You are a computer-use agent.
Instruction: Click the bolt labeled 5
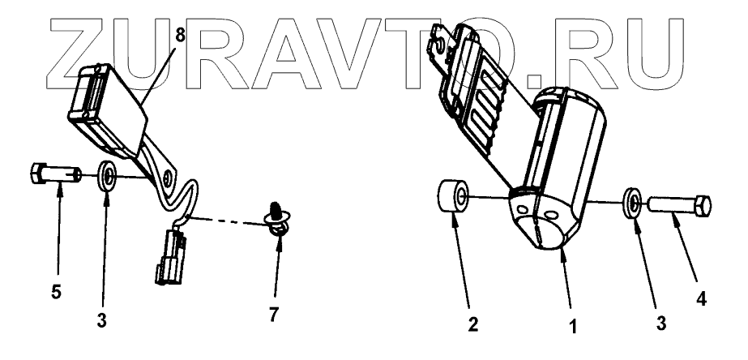point(53,174)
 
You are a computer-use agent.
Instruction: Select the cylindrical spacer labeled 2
point(454,198)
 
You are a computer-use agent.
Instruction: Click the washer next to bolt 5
point(106,176)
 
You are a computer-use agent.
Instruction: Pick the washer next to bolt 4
point(632,202)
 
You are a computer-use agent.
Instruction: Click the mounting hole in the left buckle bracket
point(168,176)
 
